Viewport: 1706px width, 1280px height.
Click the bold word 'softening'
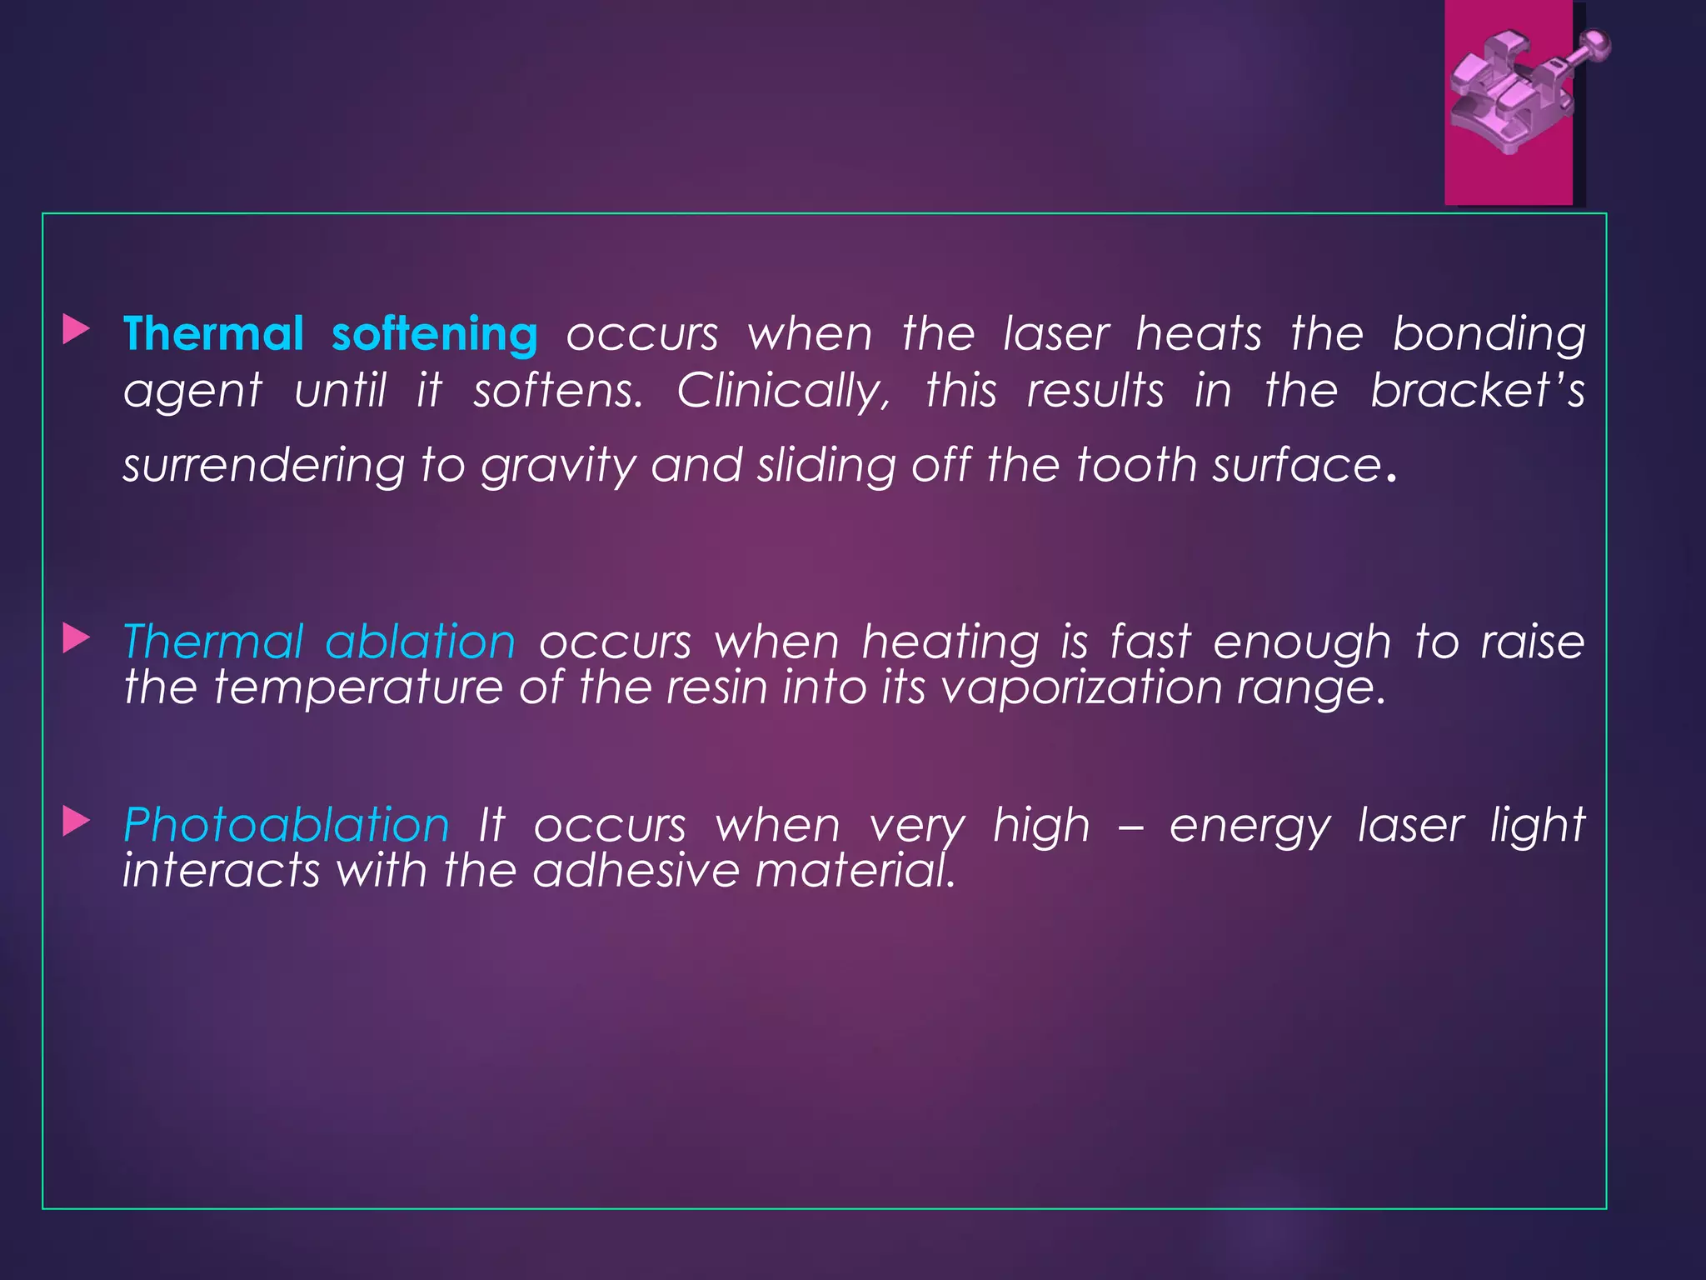tap(434, 335)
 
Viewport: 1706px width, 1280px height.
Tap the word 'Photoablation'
tap(287, 825)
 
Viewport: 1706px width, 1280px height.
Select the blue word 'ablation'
tap(421, 642)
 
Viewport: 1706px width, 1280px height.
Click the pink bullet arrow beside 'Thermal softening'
tap(76, 330)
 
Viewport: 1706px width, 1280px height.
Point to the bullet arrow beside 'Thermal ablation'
tap(76, 639)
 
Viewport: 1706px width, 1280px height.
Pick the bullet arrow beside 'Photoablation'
tap(76, 822)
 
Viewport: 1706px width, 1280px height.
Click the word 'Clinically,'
tap(784, 391)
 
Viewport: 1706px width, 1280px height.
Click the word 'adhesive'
tap(636, 870)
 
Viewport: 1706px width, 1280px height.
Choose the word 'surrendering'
tap(263, 465)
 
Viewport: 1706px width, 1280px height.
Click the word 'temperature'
tap(358, 687)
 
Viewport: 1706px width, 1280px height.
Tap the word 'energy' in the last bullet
tap(1250, 827)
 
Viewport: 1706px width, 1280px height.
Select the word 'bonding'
tap(1489, 335)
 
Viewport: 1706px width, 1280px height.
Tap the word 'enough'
tap(1301, 643)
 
